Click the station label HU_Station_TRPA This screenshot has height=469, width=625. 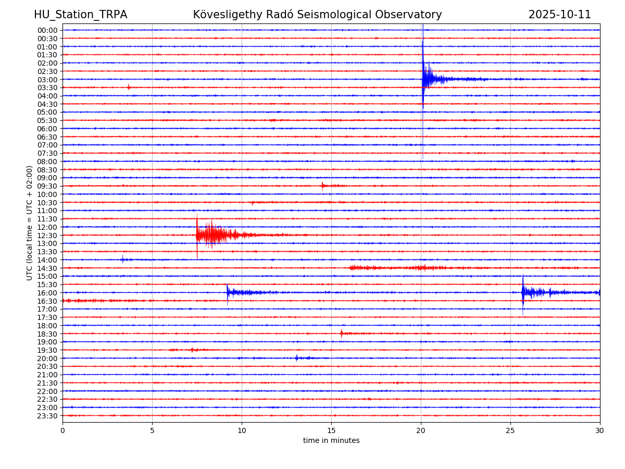click(x=80, y=15)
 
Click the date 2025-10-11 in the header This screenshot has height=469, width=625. click(x=559, y=15)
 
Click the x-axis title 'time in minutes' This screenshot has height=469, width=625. click(x=331, y=441)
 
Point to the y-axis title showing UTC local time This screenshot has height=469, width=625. click(x=30, y=223)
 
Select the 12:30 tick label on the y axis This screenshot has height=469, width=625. click(x=47, y=236)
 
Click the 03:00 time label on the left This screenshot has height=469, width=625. click(x=47, y=80)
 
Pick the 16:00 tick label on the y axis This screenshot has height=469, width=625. click(x=47, y=293)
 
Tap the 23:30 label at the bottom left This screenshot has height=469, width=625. click(x=47, y=416)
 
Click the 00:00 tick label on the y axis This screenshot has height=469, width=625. click(x=47, y=30)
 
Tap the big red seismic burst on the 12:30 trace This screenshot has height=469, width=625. click(x=211, y=235)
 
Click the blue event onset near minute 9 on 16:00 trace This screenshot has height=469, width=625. click(x=228, y=292)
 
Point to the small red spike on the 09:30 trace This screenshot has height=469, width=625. click(x=323, y=186)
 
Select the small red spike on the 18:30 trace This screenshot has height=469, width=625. click(x=342, y=333)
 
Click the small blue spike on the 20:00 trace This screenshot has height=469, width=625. click(x=297, y=358)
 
